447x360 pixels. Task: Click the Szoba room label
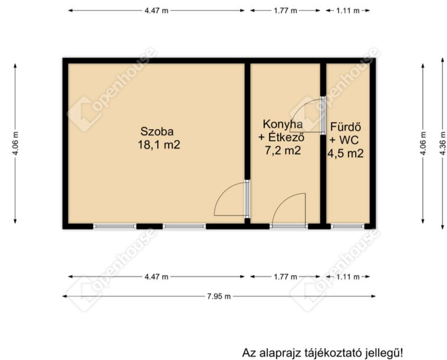point(157,131)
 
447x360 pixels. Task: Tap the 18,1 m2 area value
point(159,145)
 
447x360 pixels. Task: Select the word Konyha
point(282,125)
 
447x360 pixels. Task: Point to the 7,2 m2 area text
point(283,150)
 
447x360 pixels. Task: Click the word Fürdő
point(346,127)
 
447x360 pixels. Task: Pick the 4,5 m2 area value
point(345,154)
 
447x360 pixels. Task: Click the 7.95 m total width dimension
point(219,296)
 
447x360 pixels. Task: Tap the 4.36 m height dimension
point(443,143)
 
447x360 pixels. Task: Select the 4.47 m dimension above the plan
point(156,11)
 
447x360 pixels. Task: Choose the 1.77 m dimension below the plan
point(285,276)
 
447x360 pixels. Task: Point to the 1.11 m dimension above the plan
point(348,11)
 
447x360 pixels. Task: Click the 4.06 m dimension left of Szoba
point(15,143)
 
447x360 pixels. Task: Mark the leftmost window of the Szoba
point(114,226)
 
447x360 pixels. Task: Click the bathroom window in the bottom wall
point(347,226)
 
